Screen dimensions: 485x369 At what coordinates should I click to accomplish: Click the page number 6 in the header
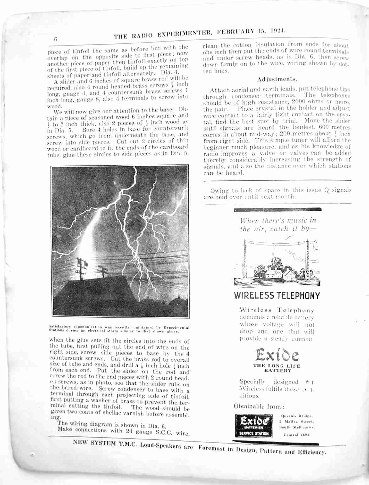pos(55,39)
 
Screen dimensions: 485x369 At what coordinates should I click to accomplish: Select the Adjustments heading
pos(277,79)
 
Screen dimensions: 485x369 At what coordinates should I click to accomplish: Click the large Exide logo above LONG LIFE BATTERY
pos(277,355)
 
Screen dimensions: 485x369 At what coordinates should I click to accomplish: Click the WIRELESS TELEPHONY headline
pos(277,295)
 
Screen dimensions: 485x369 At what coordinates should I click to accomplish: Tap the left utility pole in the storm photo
pos(81,269)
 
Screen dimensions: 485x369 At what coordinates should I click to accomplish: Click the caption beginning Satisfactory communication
pos(119,329)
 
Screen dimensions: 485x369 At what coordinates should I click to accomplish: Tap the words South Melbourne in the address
pos(297,427)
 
